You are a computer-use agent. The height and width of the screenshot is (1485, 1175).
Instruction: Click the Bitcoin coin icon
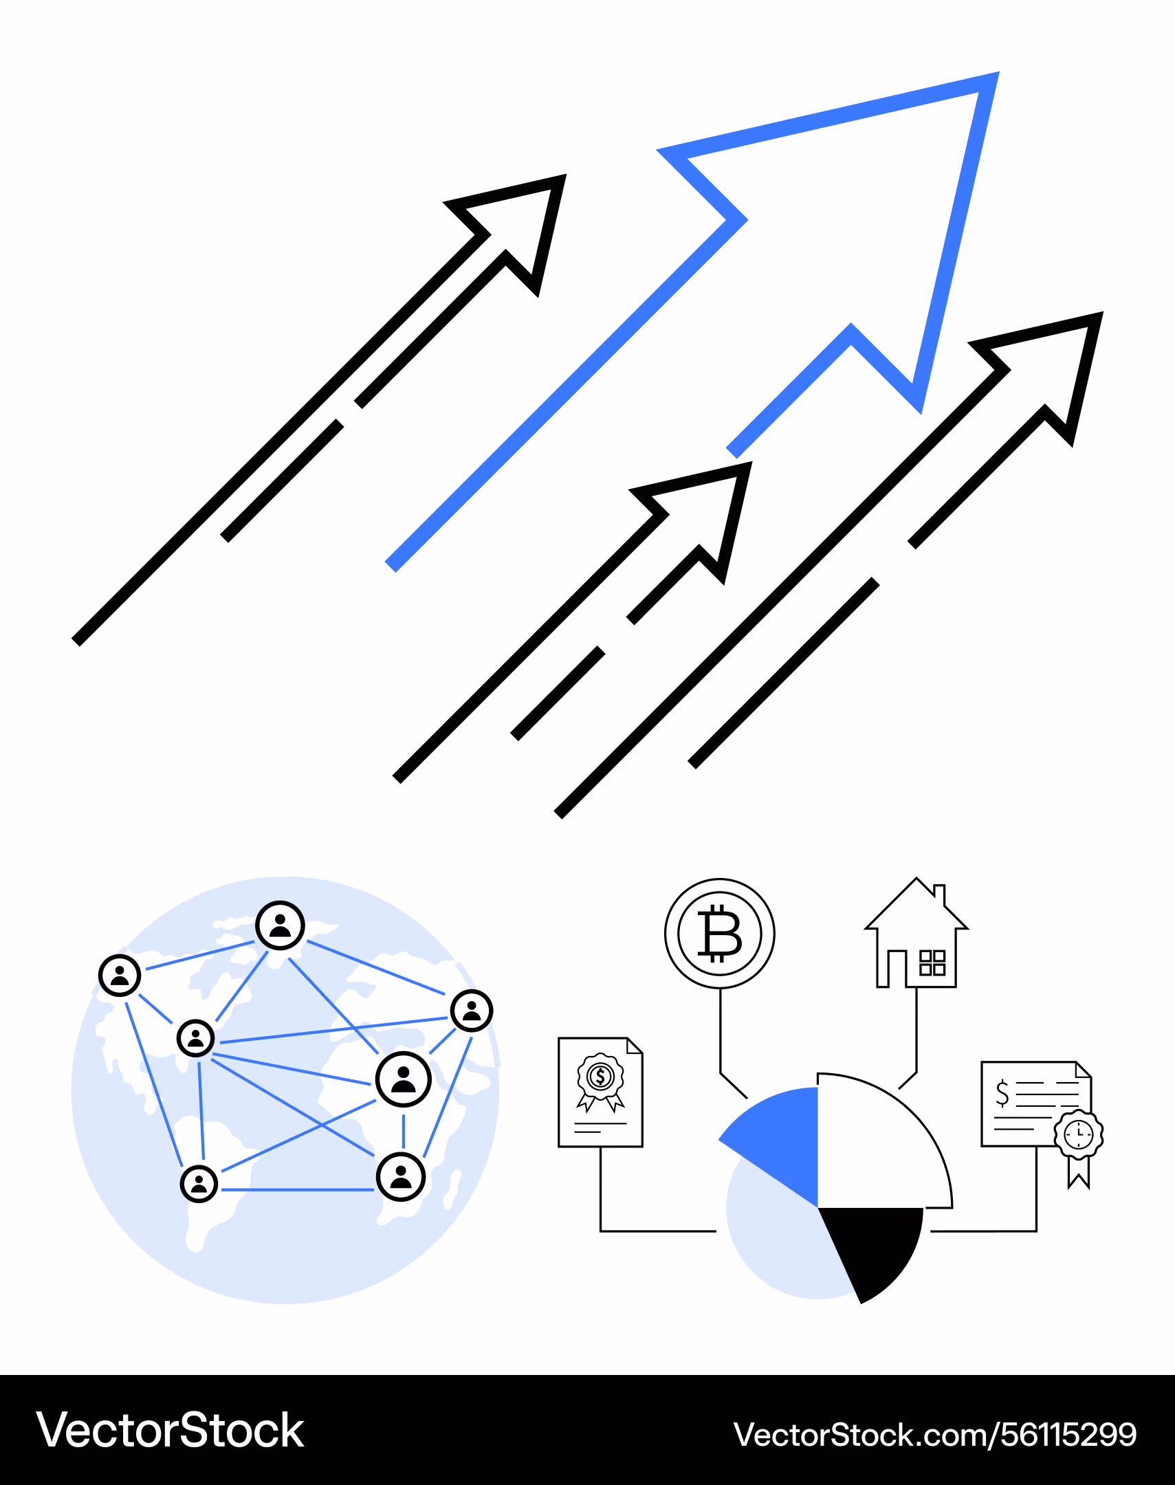[720, 934]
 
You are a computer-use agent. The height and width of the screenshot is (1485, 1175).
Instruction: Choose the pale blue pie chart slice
[778, 1238]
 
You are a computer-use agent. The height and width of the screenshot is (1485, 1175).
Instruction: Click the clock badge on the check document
[1079, 1134]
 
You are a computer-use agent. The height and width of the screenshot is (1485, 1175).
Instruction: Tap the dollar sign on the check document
[1002, 1093]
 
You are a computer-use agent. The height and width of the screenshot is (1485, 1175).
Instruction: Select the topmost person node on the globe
[280, 925]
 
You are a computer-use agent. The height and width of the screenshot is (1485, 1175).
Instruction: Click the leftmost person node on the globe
[120, 976]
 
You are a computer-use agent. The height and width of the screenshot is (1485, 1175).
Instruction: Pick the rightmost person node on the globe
[472, 1011]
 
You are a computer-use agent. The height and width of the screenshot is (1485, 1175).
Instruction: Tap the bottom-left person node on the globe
[199, 1183]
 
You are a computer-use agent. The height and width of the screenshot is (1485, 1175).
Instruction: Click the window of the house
[932, 963]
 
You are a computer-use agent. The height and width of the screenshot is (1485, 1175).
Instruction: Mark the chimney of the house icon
[940, 894]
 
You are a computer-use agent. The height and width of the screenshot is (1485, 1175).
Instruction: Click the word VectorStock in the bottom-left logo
[170, 1431]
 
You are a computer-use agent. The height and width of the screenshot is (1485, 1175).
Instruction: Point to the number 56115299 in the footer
[1068, 1435]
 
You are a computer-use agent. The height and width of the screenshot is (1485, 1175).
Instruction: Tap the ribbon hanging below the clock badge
[1079, 1173]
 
